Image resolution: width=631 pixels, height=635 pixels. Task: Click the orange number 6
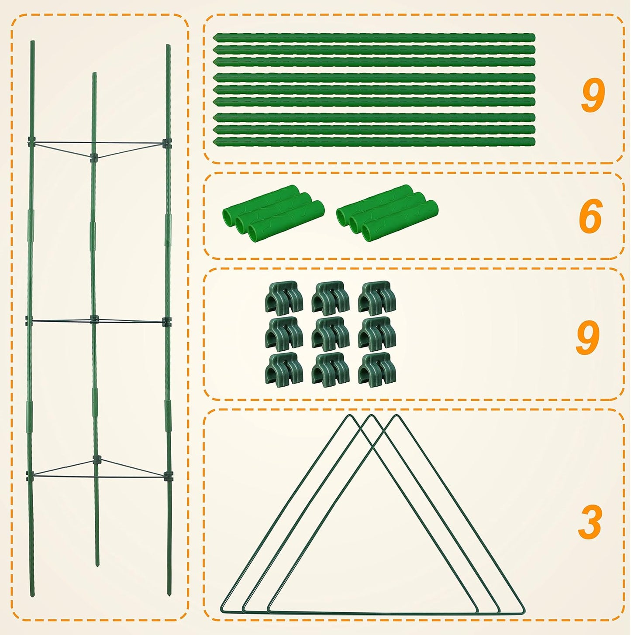pyautogui.click(x=590, y=216)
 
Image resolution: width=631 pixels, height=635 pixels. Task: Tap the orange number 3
pyautogui.click(x=590, y=522)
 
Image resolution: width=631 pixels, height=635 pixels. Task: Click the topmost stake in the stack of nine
pyautogui.click(x=374, y=38)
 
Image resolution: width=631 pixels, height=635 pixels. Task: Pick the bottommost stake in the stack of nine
pyautogui.click(x=374, y=142)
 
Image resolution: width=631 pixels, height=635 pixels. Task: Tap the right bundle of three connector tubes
pyautogui.click(x=387, y=213)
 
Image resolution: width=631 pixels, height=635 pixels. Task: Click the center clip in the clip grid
pyautogui.click(x=331, y=334)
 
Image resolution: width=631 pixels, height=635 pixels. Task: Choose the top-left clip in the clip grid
pyautogui.click(x=284, y=298)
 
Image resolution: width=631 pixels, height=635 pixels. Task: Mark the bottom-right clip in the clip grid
pyautogui.click(x=377, y=370)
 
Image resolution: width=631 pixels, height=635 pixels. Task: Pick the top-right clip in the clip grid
pyautogui.click(x=377, y=298)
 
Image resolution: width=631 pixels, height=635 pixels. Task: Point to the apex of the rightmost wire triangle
pyautogui.click(x=397, y=416)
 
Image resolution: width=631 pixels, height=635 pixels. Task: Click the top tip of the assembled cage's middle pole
pyautogui.click(x=94, y=74)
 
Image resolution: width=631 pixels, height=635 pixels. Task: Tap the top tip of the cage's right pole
pyautogui.click(x=168, y=46)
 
